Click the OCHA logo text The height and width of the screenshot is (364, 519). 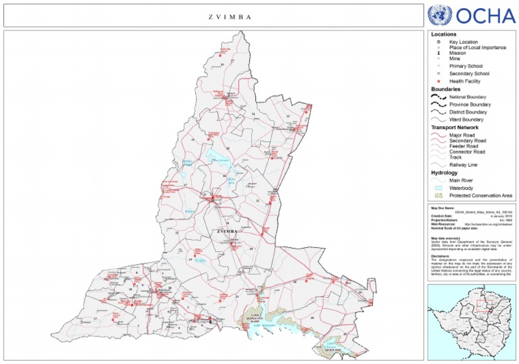pyautogui.click(x=486, y=16)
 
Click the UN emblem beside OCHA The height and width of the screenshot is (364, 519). pyautogui.click(x=441, y=15)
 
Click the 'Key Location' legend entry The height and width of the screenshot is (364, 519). pyautogui.click(x=463, y=42)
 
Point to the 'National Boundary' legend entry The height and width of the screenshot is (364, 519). pyautogui.click(x=468, y=97)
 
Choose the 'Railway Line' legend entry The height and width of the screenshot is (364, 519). pyautogui.click(x=464, y=164)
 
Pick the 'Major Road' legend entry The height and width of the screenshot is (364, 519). pyautogui.click(x=462, y=135)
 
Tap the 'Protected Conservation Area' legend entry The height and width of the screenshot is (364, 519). pyautogui.click(x=480, y=195)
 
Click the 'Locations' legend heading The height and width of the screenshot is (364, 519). pyautogui.click(x=443, y=34)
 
